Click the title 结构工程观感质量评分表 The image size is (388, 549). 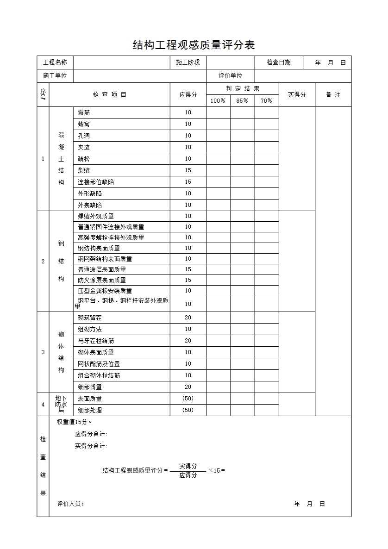point(194,45)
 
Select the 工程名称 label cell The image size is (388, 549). point(55,62)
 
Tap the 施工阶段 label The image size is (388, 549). point(188,62)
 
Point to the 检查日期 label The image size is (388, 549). point(279,62)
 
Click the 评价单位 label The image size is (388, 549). point(231,76)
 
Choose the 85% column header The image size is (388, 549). point(242,100)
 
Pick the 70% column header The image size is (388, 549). point(266,100)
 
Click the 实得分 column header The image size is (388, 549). point(297,94)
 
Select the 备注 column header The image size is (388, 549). point(333,94)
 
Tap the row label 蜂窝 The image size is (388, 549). point(84,124)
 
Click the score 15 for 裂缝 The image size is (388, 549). point(188,170)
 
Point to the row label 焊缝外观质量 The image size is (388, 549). point(96,216)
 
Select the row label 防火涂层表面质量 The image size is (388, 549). point(102,280)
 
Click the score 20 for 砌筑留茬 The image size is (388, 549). point(188,318)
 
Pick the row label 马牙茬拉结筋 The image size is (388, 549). point(96,341)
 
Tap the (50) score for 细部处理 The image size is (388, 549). point(188,410)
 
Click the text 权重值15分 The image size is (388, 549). point(74,422)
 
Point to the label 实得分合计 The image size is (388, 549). point(91,446)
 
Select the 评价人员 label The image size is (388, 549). point(70,504)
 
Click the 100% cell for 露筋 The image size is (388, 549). point(218,112)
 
